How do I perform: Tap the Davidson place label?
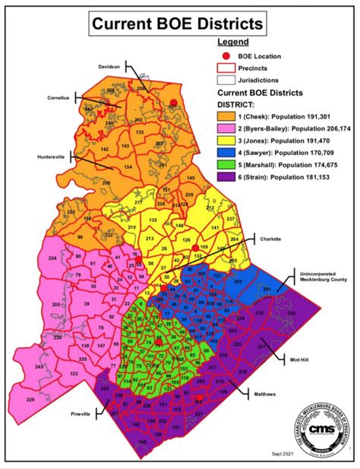pyautogui.click(x=110, y=66)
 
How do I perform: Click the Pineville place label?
pyautogui.click(x=81, y=414)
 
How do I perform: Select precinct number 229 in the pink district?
pyautogui.click(x=30, y=399)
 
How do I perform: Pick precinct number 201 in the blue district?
pyautogui.click(x=267, y=289)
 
